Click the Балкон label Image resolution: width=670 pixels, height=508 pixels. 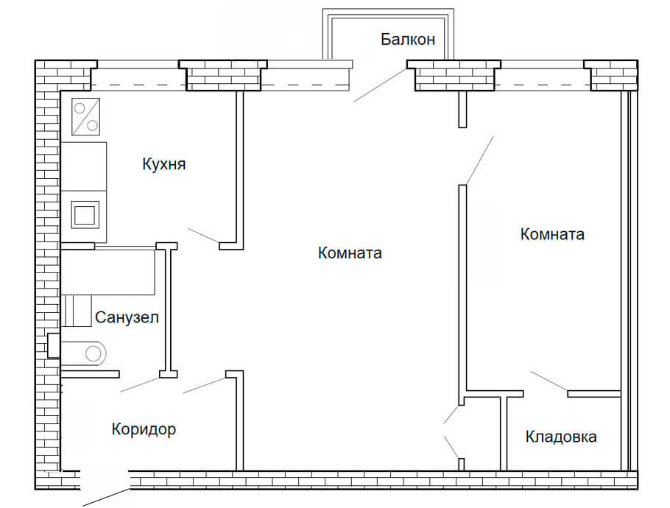coord(408,39)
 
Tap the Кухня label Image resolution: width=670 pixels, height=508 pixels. coord(163,163)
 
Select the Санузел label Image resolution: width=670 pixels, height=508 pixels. coord(127,317)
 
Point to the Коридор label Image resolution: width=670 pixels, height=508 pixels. coord(144,429)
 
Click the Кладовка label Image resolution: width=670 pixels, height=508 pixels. coord(561,437)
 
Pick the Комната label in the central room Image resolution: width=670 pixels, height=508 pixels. coord(350,253)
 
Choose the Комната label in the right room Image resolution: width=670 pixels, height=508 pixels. coord(552,234)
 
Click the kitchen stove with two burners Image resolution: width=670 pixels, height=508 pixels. coord(85,116)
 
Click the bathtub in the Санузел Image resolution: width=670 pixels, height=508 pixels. coord(107,271)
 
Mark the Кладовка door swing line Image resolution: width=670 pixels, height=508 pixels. coord(549,381)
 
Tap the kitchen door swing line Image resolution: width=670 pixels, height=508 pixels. coord(203,236)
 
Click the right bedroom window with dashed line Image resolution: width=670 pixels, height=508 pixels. coord(543,77)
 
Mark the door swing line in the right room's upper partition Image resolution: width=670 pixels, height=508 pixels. coord(479,159)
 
